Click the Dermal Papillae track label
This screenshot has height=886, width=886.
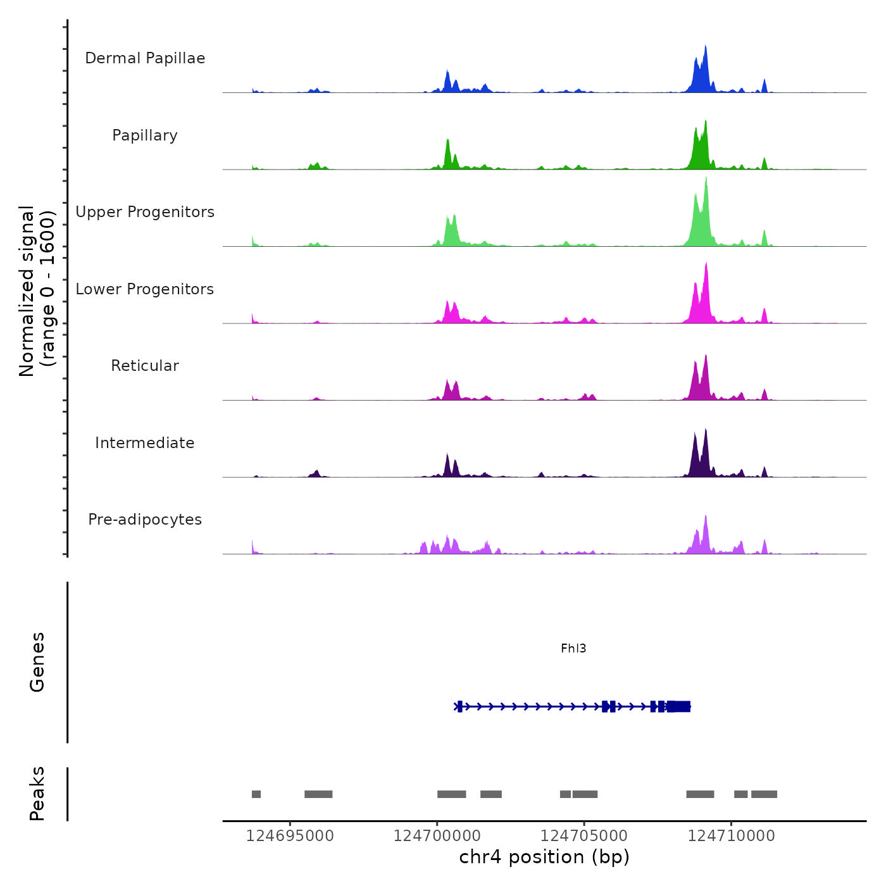point(145,58)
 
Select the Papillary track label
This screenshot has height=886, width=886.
point(145,135)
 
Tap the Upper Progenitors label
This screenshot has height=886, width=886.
point(145,212)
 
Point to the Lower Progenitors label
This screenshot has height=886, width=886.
point(145,289)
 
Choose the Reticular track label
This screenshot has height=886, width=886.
point(145,366)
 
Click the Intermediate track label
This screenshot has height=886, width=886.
point(145,443)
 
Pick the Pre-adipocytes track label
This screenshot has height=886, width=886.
point(145,520)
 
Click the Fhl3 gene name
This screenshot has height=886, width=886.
point(573,648)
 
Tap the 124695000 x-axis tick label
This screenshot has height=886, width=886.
point(290,836)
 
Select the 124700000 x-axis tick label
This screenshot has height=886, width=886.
point(437,836)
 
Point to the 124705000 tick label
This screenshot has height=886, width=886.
point(584,836)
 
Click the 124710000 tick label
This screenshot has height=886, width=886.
point(732,836)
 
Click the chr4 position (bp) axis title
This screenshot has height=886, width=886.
point(544,857)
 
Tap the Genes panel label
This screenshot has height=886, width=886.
point(37,662)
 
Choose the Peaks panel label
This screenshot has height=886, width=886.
point(37,794)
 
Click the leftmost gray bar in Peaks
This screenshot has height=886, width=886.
point(256,794)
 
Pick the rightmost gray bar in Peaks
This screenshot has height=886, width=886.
point(764,794)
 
